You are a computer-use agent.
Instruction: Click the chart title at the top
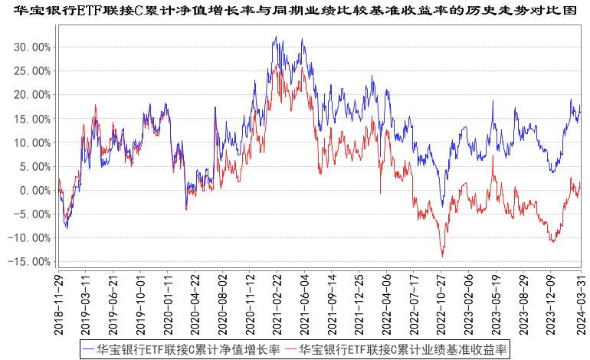click(x=295, y=9)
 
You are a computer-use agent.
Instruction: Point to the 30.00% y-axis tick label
click(x=31, y=47)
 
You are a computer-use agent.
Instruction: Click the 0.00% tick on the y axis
click(x=34, y=190)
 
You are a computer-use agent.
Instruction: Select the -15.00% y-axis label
click(x=30, y=262)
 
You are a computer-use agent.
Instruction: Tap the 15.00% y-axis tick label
click(x=31, y=119)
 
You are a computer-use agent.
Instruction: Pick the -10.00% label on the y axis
click(x=30, y=238)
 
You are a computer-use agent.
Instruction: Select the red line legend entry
click(x=395, y=349)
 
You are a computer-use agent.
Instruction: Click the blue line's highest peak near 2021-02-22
click(x=274, y=37)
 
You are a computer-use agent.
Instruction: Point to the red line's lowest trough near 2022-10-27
click(x=442, y=256)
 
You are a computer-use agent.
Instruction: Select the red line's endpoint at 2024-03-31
click(x=581, y=182)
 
